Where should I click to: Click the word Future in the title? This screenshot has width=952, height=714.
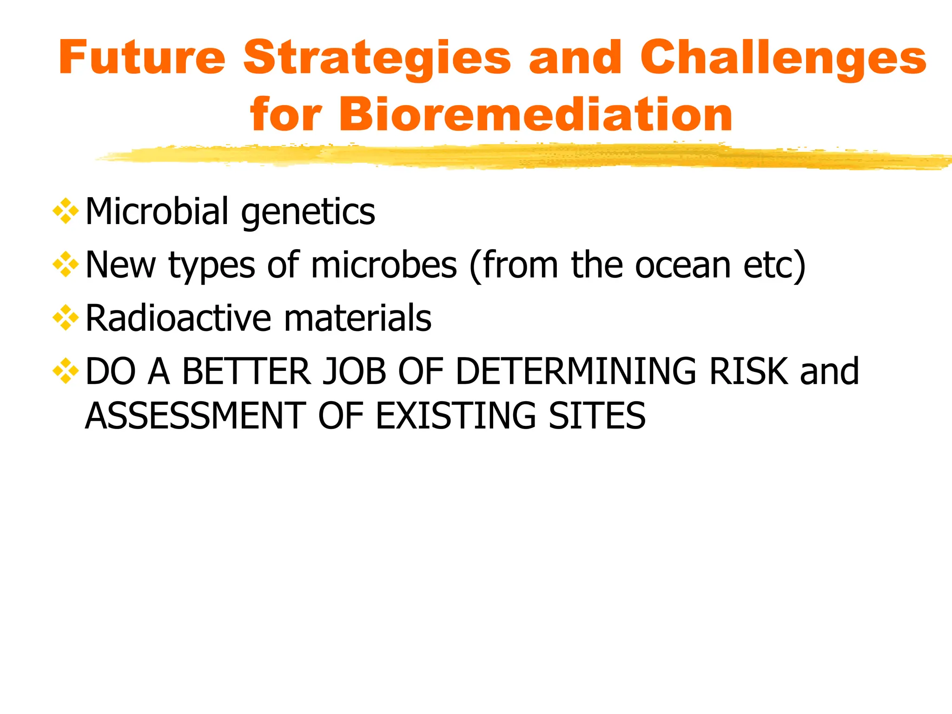click(x=142, y=58)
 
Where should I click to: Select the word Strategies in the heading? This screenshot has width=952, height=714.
click(x=377, y=59)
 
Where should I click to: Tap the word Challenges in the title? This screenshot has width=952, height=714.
click(x=783, y=59)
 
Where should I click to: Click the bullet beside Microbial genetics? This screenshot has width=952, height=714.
click(x=66, y=212)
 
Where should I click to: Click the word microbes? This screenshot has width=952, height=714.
click(x=383, y=265)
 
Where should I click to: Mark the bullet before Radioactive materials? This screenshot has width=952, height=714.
click(x=66, y=318)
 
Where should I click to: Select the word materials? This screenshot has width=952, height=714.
click(x=357, y=318)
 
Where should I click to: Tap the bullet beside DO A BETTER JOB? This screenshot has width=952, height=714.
click(x=66, y=371)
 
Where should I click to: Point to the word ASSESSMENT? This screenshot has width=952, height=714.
click(x=195, y=416)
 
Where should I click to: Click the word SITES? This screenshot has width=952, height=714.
click(x=597, y=416)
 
